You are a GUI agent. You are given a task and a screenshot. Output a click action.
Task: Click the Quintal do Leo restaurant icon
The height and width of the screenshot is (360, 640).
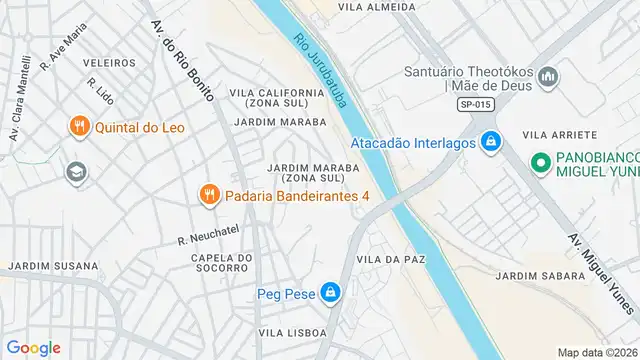(79, 126)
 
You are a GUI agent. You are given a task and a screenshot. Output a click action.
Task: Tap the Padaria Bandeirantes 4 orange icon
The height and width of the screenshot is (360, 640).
(209, 195)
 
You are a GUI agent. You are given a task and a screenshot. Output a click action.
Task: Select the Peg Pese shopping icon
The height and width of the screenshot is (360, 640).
(331, 293)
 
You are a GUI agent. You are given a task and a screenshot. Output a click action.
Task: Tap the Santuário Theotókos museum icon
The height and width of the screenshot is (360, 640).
(548, 77)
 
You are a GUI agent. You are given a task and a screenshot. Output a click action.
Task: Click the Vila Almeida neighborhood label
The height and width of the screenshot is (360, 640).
(376, 7)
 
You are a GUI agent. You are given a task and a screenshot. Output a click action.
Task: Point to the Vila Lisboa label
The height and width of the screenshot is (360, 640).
(292, 332)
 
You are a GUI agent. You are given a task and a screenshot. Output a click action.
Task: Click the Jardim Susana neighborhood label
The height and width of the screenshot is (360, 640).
(54, 267)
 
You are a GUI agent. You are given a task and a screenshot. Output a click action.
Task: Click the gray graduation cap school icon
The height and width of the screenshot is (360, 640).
(75, 172)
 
